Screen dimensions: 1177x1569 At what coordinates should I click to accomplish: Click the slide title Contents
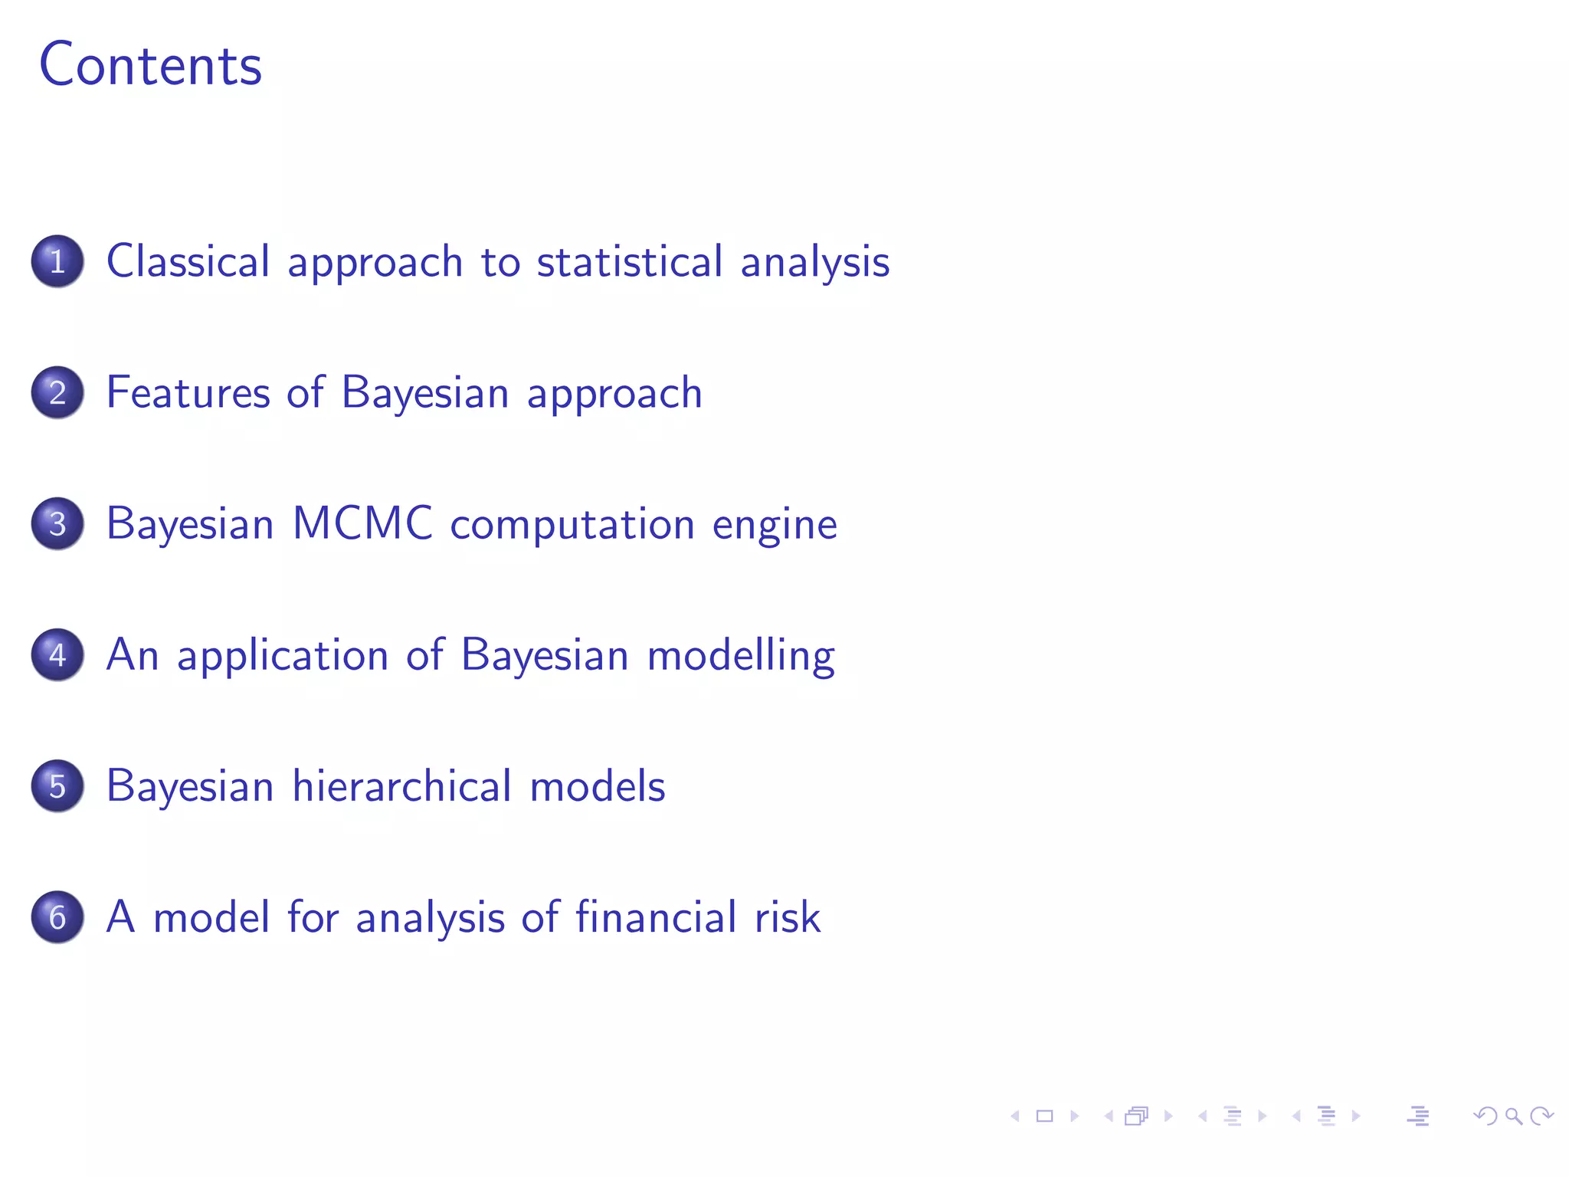[150, 66]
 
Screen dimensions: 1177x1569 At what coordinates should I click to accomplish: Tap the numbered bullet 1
[57, 261]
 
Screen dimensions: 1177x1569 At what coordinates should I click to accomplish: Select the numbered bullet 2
[57, 392]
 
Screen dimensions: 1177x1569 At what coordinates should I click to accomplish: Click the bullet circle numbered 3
[57, 523]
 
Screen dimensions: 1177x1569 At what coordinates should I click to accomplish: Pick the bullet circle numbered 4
[57, 654]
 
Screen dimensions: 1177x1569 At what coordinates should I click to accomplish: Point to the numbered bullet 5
[57, 785]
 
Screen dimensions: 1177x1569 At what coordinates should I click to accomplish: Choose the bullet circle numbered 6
[57, 916]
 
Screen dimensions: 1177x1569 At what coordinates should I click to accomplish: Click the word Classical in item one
[188, 261]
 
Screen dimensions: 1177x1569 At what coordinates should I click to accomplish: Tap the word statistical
[630, 261]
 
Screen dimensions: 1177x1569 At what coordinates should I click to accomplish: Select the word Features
[188, 392]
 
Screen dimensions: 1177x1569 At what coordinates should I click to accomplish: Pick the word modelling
[741, 656]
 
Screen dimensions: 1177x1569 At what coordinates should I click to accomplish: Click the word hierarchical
[402, 785]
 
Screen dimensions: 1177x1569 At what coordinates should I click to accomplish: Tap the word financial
[656, 916]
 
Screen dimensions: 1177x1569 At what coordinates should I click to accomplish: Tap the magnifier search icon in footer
[1513, 1116]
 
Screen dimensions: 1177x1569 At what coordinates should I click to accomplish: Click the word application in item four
[283, 656]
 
